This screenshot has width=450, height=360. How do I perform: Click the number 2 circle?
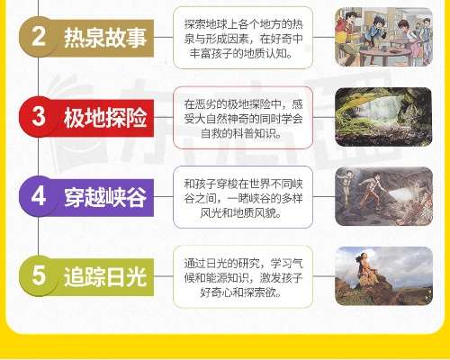pos(39,37)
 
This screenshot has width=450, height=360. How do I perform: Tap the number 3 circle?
pos(39,116)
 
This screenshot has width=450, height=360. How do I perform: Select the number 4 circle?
pos(39,195)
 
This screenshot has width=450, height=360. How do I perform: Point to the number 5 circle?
pos(39,275)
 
